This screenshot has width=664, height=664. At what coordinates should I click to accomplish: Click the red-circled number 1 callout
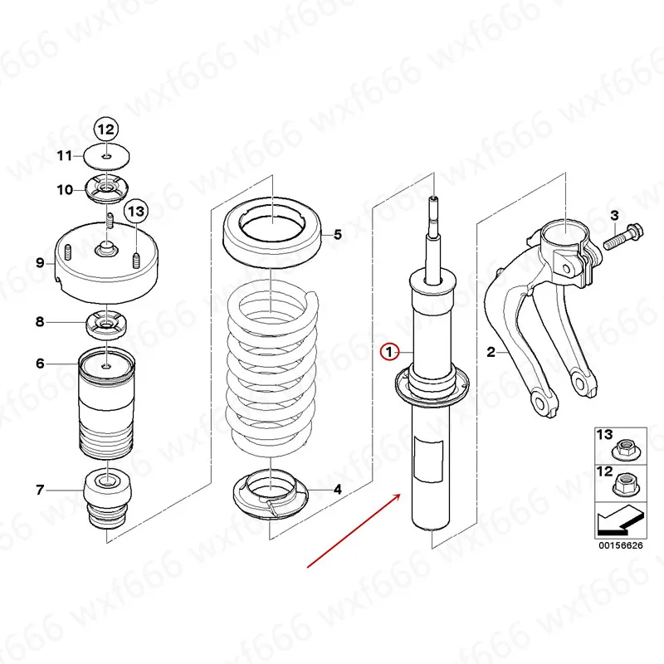[390, 352]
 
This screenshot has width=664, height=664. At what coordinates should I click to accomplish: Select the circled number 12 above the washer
[106, 129]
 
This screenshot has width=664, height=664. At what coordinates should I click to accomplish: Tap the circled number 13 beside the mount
[136, 212]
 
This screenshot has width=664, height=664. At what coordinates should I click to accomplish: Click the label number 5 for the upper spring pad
[338, 235]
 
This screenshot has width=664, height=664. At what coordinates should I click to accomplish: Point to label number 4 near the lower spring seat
[338, 490]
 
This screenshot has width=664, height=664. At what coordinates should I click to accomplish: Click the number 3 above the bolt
[614, 216]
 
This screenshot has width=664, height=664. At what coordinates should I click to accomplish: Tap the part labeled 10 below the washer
[106, 191]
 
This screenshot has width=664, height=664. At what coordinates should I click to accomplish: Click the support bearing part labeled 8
[106, 322]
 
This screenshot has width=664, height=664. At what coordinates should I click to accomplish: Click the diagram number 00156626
[620, 546]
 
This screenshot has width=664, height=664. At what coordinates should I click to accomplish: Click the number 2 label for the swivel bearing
[491, 353]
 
